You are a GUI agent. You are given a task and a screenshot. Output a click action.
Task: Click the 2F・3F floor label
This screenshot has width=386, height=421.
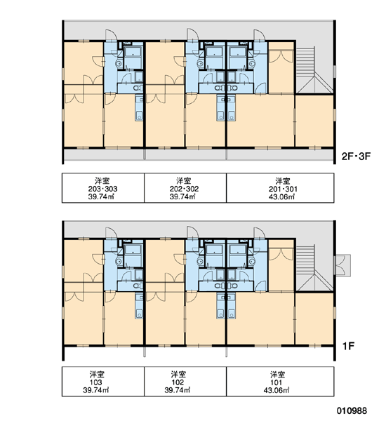[356, 156]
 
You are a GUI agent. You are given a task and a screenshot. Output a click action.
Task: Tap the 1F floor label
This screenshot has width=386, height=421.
[348, 346]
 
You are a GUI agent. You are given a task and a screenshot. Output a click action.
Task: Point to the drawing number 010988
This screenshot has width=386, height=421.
[352, 410]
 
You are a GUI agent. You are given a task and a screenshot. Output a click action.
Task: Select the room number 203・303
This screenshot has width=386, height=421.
[103, 189]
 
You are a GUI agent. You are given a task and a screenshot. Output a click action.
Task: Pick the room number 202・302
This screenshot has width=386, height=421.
[185, 189]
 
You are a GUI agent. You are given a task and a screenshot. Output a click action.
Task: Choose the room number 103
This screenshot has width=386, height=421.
[96, 382]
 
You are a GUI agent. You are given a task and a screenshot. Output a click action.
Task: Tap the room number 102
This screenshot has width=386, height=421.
[178, 382]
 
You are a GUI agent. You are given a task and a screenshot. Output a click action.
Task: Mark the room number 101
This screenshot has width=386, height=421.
[277, 382]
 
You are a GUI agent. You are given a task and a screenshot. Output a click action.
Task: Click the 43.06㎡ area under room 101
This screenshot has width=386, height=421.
[277, 390]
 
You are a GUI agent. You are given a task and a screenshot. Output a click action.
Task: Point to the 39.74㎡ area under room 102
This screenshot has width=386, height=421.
[178, 390]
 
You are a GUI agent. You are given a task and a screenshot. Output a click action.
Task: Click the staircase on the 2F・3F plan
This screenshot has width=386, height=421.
[314, 70]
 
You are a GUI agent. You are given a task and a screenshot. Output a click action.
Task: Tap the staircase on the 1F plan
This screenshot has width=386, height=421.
[314, 268]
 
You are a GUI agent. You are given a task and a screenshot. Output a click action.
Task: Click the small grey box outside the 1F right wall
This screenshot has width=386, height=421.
[342, 265]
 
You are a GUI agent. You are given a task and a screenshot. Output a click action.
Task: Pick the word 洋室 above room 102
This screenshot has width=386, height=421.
[178, 374]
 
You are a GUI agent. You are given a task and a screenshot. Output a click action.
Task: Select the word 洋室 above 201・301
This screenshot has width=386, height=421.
[283, 181]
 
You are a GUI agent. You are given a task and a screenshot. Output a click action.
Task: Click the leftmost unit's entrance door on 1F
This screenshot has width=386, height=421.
[111, 234]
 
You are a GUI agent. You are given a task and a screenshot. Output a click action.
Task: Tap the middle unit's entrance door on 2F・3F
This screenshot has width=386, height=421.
[192, 35]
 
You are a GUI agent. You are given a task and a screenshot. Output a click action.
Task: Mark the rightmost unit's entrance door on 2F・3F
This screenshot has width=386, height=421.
[260, 36]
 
